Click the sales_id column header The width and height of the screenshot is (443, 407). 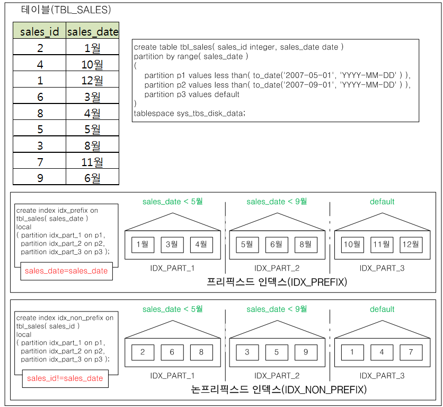(x=40, y=31)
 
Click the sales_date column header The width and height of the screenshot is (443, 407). (x=92, y=31)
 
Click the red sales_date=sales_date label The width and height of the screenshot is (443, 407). (x=66, y=271)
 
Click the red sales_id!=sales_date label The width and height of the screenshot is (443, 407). (x=65, y=378)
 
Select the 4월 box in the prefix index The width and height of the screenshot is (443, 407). (x=201, y=245)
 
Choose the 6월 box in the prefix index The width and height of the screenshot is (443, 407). (x=277, y=245)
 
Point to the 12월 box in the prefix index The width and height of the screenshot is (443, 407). (x=411, y=245)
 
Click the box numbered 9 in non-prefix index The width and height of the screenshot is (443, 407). (x=306, y=352)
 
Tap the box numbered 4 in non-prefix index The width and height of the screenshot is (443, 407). (x=382, y=352)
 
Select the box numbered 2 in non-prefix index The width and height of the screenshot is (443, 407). (x=143, y=352)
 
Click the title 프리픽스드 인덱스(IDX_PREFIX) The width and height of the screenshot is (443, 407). (x=277, y=282)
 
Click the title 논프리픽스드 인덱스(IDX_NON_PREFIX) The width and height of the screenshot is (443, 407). (x=279, y=389)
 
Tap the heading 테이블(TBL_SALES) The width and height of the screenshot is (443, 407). (x=66, y=10)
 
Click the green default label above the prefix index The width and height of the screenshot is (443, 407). (x=382, y=202)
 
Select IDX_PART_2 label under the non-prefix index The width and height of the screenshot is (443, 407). (x=277, y=376)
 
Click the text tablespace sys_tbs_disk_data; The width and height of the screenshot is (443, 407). (x=190, y=113)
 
